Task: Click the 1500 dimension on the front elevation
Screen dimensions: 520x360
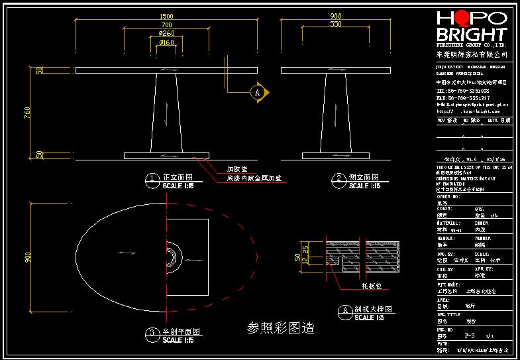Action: [x=166, y=15]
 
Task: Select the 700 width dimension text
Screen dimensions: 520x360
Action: [x=166, y=25]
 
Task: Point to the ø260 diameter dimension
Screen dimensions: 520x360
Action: [x=166, y=33]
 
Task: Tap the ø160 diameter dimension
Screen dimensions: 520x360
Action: [x=166, y=42]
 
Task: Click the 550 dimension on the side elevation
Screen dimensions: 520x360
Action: [x=336, y=24]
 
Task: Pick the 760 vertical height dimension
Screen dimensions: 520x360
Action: [x=27, y=113]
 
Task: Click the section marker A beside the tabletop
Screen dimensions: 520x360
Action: [x=258, y=92]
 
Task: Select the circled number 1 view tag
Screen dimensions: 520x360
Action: [x=152, y=178]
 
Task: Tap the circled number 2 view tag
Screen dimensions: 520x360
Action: [x=339, y=178]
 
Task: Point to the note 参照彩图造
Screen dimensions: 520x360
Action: [x=280, y=328]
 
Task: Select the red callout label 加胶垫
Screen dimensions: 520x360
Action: [x=236, y=168]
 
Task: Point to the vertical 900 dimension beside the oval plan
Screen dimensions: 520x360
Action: [x=27, y=255]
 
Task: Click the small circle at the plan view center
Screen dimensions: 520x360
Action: [x=172, y=254]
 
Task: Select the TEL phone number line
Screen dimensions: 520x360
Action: [x=463, y=91]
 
